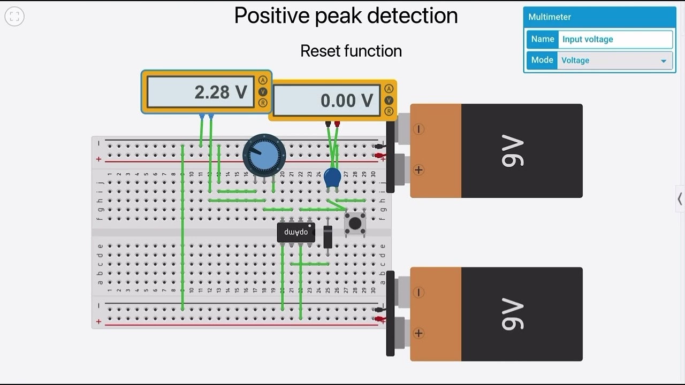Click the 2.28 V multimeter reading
[220, 92]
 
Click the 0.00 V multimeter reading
[346, 101]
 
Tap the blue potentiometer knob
[264, 155]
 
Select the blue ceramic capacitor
[332, 178]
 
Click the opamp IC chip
[296, 233]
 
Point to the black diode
[328, 236]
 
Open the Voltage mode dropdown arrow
[664, 61]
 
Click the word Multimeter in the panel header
[550, 17]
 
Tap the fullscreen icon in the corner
[14, 17]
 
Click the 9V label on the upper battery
[512, 151]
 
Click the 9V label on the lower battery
[512, 314]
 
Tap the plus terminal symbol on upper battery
[418, 170]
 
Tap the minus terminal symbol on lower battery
[418, 292]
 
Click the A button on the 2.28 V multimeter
[263, 80]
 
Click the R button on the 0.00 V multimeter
[389, 111]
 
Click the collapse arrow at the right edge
[680, 199]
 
